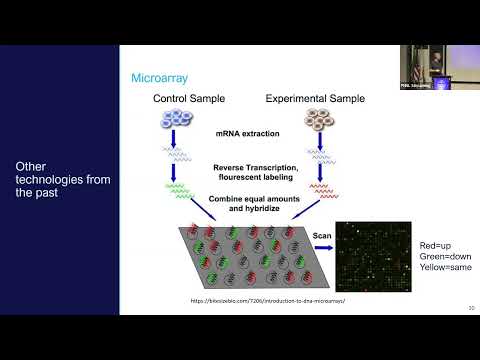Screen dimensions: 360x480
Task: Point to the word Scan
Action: coord(322,236)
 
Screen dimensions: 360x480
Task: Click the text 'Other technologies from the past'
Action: coord(56,179)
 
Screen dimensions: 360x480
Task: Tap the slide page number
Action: coord(470,308)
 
